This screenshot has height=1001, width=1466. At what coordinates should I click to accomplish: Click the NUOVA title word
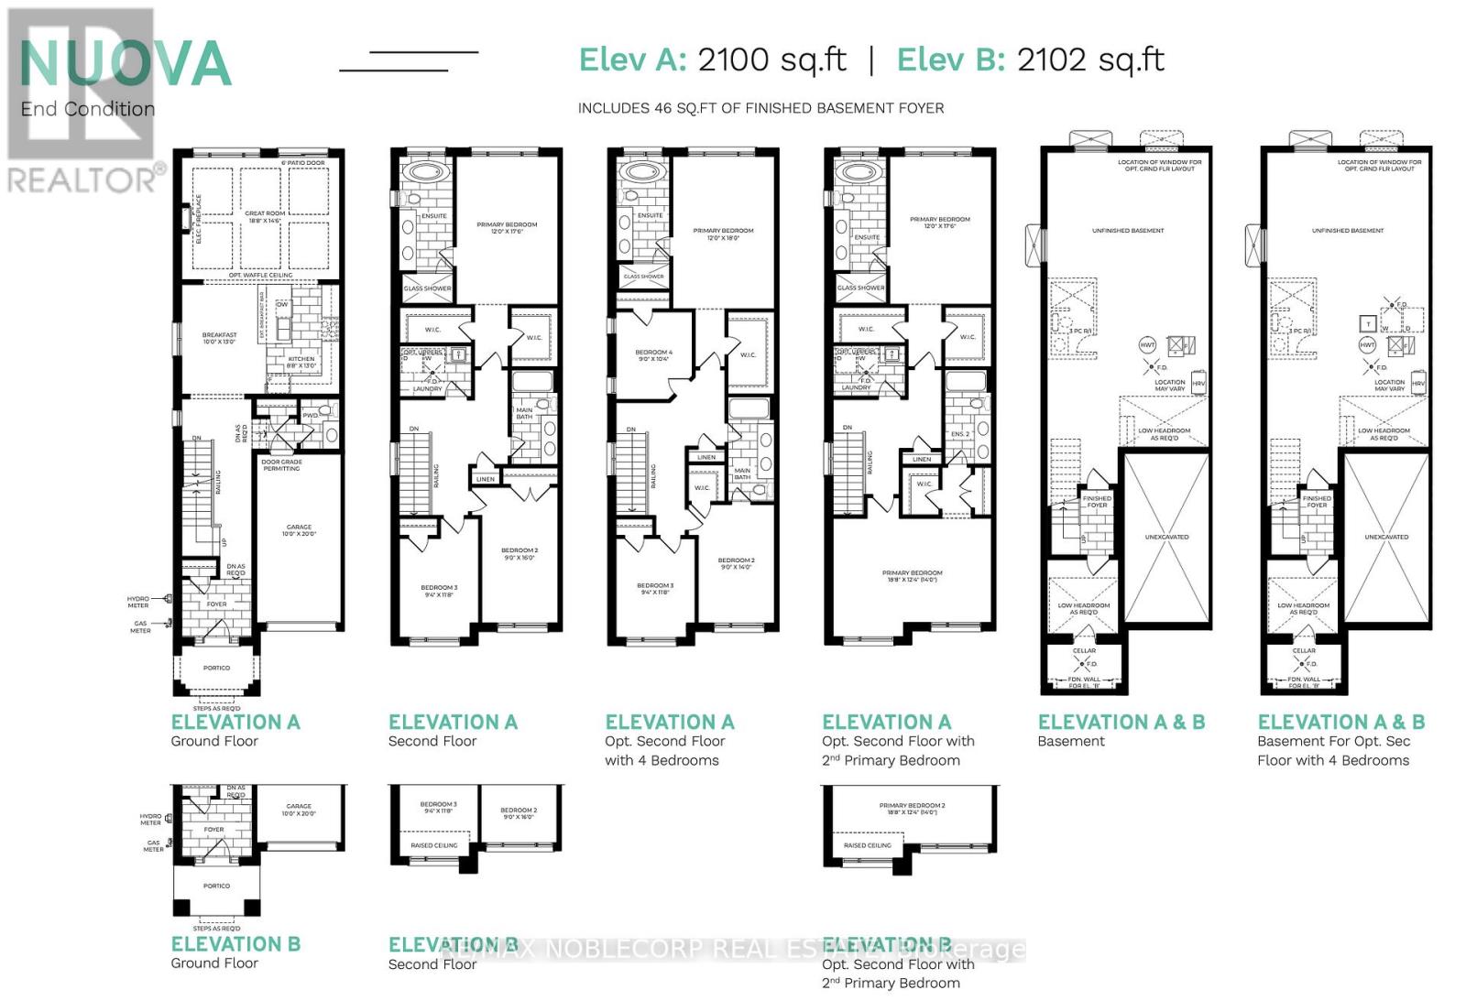(126, 64)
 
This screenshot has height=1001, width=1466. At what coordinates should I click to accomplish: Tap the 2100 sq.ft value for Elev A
(771, 60)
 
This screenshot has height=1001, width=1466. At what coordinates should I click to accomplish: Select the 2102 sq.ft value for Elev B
(1090, 60)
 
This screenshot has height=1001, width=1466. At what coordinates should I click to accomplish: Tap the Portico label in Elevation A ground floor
(217, 668)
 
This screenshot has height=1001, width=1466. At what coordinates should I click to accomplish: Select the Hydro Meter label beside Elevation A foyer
(138, 602)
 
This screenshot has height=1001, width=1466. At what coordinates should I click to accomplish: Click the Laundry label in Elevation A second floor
(427, 389)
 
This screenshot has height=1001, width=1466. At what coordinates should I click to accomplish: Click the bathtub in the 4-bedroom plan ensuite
(640, 172)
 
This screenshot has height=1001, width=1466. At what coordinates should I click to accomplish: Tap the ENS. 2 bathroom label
(959, 434)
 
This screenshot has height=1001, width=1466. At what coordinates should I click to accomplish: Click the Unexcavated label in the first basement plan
(1166, 537)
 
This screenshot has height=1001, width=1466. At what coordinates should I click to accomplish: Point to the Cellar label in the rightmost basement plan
(1304, 651)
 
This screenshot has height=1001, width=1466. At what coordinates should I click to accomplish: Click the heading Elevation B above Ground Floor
(235, 943)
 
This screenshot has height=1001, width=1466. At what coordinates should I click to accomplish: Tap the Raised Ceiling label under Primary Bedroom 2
(867, 845)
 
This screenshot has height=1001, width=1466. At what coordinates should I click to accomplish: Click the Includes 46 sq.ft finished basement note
(760, 108)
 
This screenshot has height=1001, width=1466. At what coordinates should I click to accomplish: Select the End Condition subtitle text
(88, 109)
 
